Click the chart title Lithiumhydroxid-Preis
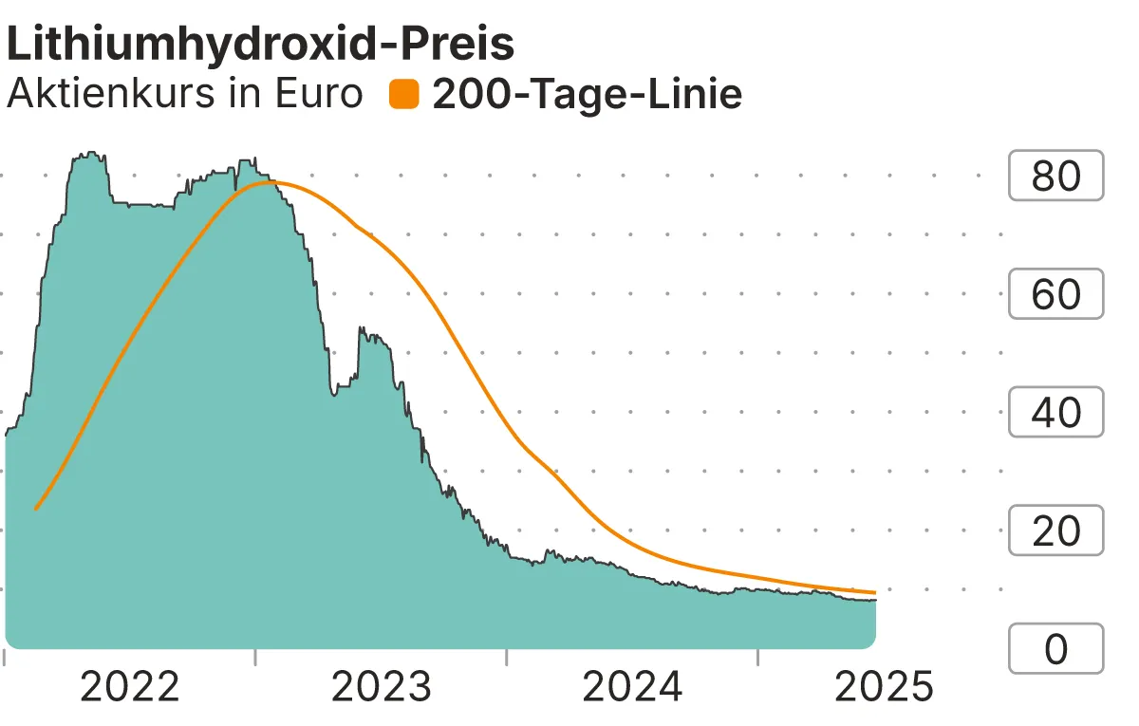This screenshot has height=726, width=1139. (x=260, y=45)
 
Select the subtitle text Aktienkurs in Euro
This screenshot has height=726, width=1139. (x=184, y=94)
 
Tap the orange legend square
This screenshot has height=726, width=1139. (x=404, y=94)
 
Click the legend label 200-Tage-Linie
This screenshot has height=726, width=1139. (x=587, y=94)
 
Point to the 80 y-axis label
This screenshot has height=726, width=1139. (x=1055, y=176)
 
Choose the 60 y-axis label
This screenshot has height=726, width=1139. (x=1055, y=294)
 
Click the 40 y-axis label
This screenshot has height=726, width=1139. (x=1055, y=413)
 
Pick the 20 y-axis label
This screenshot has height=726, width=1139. (x=1055, y=531)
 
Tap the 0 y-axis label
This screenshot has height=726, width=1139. (x=1055, y=649)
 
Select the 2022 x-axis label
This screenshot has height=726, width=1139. (x=130, y=687)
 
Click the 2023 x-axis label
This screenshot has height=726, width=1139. (x=381, y=687)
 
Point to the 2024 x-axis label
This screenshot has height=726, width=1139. (x=632, y=687)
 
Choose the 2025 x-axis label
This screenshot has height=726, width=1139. (x=883, y=687)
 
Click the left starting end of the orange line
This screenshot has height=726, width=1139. (x=36, y=509)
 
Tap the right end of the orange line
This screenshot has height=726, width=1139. (x=874, y=592)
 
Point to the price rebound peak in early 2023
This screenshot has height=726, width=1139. (x=362, y=329)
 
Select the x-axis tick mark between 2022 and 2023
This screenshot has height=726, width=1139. (x=255, y=657)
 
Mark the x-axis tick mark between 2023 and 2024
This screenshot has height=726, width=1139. (x=507, y=657)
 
